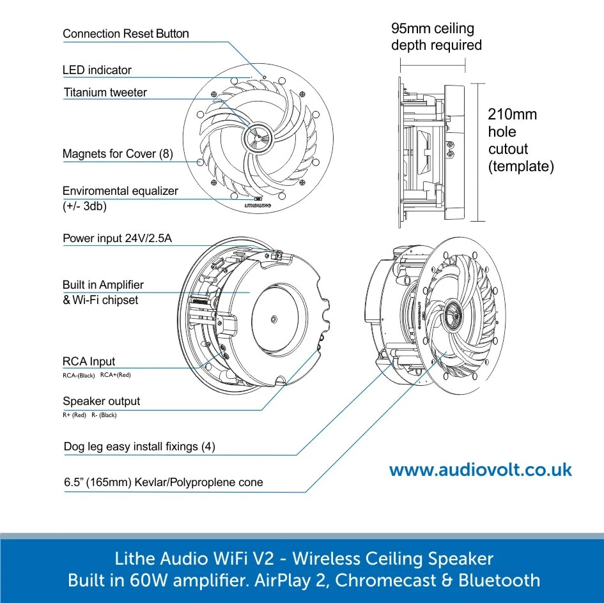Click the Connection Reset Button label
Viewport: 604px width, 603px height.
click(x=126, y=34)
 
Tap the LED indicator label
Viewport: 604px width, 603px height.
click(x=97, y=70)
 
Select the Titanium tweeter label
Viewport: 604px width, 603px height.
click(x=105, y=93)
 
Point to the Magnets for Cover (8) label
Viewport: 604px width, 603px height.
click(x=118, y=154)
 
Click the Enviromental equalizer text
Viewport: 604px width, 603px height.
click(x=120, y=191)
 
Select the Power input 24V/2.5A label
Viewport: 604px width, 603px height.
click(x=118, y=239)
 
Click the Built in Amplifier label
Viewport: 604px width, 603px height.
click(x=103, y=285)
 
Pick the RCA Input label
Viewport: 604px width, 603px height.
click(x=89, y=362)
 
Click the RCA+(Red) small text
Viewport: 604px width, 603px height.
click(x=115, y=375)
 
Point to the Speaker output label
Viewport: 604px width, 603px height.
click(x=101, y=402)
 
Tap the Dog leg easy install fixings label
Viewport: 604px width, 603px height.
click(x=139, y=447)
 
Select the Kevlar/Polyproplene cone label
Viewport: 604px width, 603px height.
click(x=163, y=482)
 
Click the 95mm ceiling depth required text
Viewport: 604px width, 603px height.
click(x=436, y=37)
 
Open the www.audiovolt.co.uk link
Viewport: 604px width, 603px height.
click(x=481, y=471)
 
